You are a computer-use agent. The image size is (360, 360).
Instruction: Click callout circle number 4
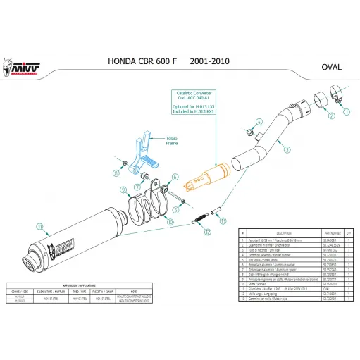tap(258, 121)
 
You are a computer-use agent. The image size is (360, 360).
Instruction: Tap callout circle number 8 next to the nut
tap(116, 170)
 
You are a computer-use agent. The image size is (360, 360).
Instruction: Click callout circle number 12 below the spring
tap(207, 232)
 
